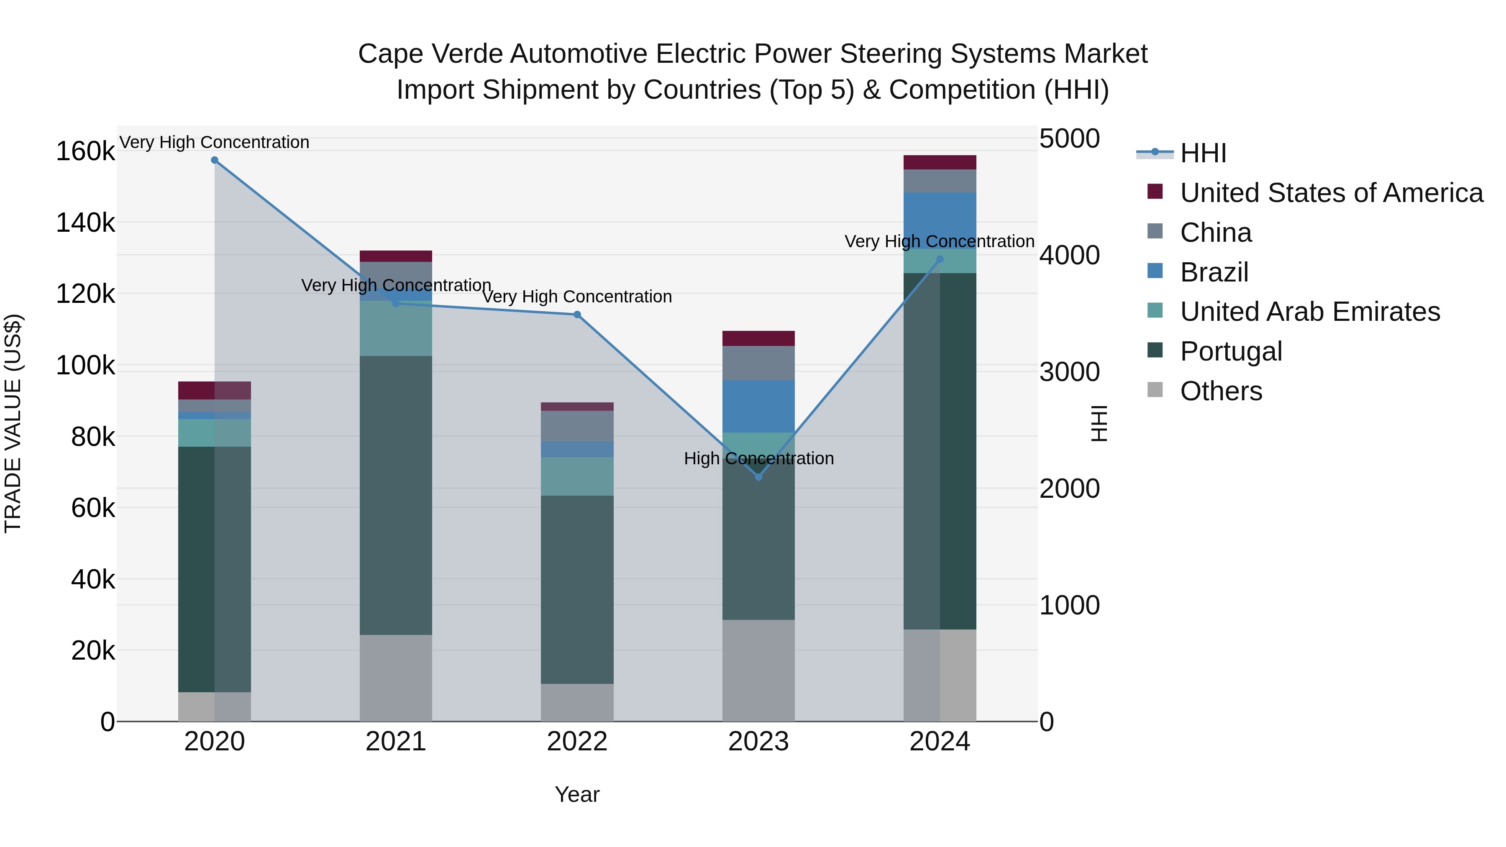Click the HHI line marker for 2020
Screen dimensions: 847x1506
tap(215, 160)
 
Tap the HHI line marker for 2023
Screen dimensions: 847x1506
tap(758, 477)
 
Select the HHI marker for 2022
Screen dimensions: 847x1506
tap(577, 315)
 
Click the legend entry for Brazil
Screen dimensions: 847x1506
tap(1214, 272)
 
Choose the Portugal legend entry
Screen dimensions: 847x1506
tap(1231, 351)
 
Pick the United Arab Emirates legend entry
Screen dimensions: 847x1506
tap(1309, 312)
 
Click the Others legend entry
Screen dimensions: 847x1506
tap(1221, 391)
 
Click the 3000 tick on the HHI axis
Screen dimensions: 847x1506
tap(1069, 372)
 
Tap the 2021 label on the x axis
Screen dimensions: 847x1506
tap(396, 742)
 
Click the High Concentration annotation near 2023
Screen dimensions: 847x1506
tap(758, 458)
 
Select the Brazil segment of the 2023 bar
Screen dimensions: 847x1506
tap(758, 406)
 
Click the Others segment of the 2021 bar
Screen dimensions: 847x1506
tap(396, 678)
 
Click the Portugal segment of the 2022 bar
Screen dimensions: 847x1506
tap(577, 589)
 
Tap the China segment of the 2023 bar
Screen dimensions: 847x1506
tap(758, 363)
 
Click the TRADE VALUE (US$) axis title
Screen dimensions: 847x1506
tap(13, 423)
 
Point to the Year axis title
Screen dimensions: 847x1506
tap(577, 794)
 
